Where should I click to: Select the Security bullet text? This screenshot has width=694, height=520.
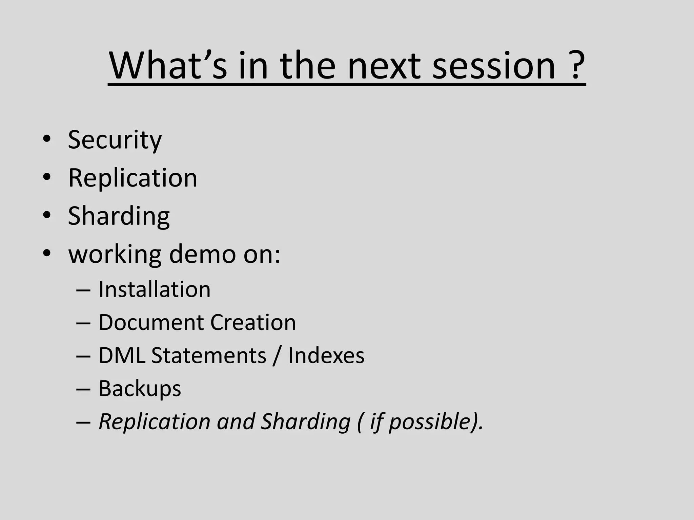(115, 139)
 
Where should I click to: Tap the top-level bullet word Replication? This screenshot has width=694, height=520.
(132, 178)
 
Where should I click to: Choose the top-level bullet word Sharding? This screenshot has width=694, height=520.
(119, 216)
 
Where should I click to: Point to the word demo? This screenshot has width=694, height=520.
(202, 254)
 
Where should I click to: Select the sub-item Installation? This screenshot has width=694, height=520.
(155, 290)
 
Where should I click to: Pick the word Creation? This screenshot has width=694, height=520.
(253, 322)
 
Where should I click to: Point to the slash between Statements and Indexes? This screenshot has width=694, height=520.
(277, 355)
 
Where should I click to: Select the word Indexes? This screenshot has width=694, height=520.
(326, 355)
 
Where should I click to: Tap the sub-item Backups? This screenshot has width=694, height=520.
(140, 389)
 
